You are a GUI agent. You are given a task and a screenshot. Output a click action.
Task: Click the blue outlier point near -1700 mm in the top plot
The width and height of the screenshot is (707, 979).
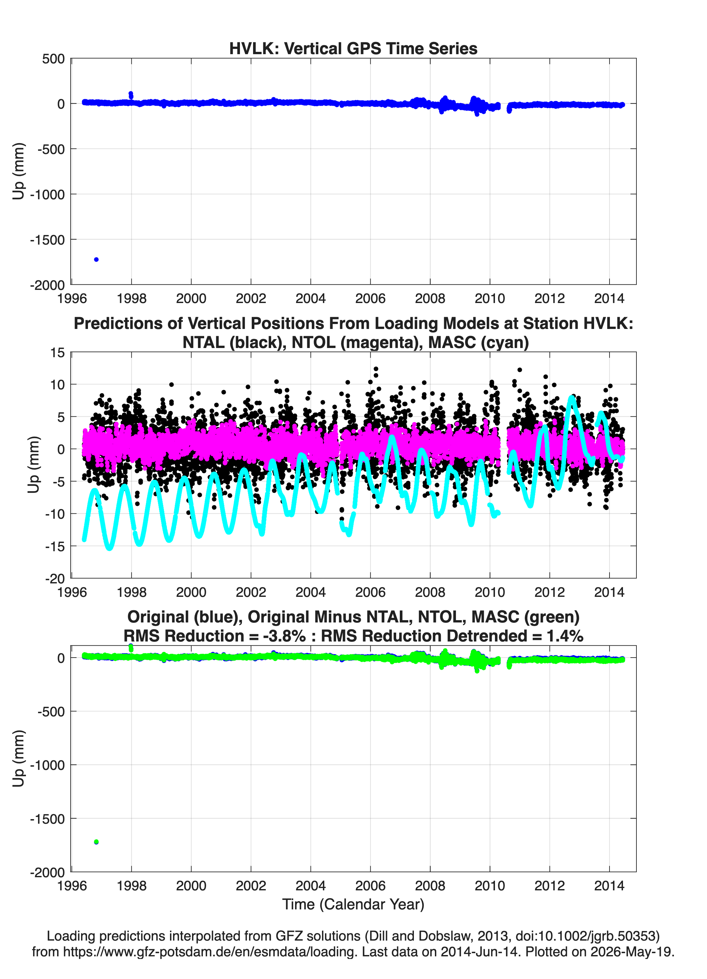click(96, 259)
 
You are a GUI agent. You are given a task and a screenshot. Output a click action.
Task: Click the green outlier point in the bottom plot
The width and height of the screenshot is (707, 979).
click(96, 842)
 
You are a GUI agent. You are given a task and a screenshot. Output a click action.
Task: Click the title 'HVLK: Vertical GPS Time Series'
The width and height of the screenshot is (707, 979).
click(353, 48)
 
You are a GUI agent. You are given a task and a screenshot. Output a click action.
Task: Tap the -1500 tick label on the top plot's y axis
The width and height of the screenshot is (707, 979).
click(48, 240)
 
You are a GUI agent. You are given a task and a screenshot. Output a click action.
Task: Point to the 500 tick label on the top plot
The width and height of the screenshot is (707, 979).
click(54, 59)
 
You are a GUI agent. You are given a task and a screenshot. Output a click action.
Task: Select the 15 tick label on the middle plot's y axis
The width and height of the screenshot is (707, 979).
click(57, 353)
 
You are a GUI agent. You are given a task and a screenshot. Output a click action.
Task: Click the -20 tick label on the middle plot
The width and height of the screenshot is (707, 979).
click(55, 578)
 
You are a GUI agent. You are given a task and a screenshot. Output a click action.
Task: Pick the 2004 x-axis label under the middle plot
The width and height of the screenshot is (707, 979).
click(311, 592)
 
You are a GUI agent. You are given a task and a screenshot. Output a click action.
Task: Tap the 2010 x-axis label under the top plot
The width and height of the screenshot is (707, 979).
click(490, 298)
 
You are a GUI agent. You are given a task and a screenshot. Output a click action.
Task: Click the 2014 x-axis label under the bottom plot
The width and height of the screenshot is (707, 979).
click(610, 886)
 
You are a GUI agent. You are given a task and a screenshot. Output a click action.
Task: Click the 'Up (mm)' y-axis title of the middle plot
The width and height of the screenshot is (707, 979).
click(34, 465)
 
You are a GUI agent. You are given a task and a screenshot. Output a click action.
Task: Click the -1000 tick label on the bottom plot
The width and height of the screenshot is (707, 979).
click(48, 765)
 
